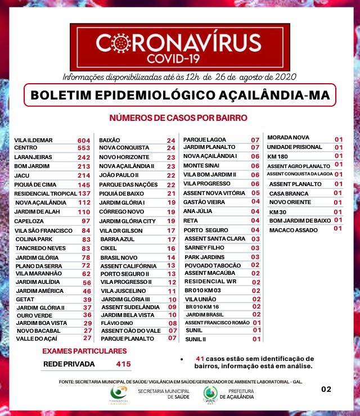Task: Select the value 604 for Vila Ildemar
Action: click(x=84, y=140)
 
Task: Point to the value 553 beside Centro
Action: click(x=84, y=148)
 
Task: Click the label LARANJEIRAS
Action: click(x=33, y=157)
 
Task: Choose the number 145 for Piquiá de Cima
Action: click(x=84, y=185)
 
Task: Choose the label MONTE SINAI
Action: click(x=201, y=166)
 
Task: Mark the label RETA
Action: click(x=191, y=220)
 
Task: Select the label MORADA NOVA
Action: click(x=288, y=138)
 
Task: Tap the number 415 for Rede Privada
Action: click(x=123, y=364)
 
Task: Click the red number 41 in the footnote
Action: click(x=200, y=359)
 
